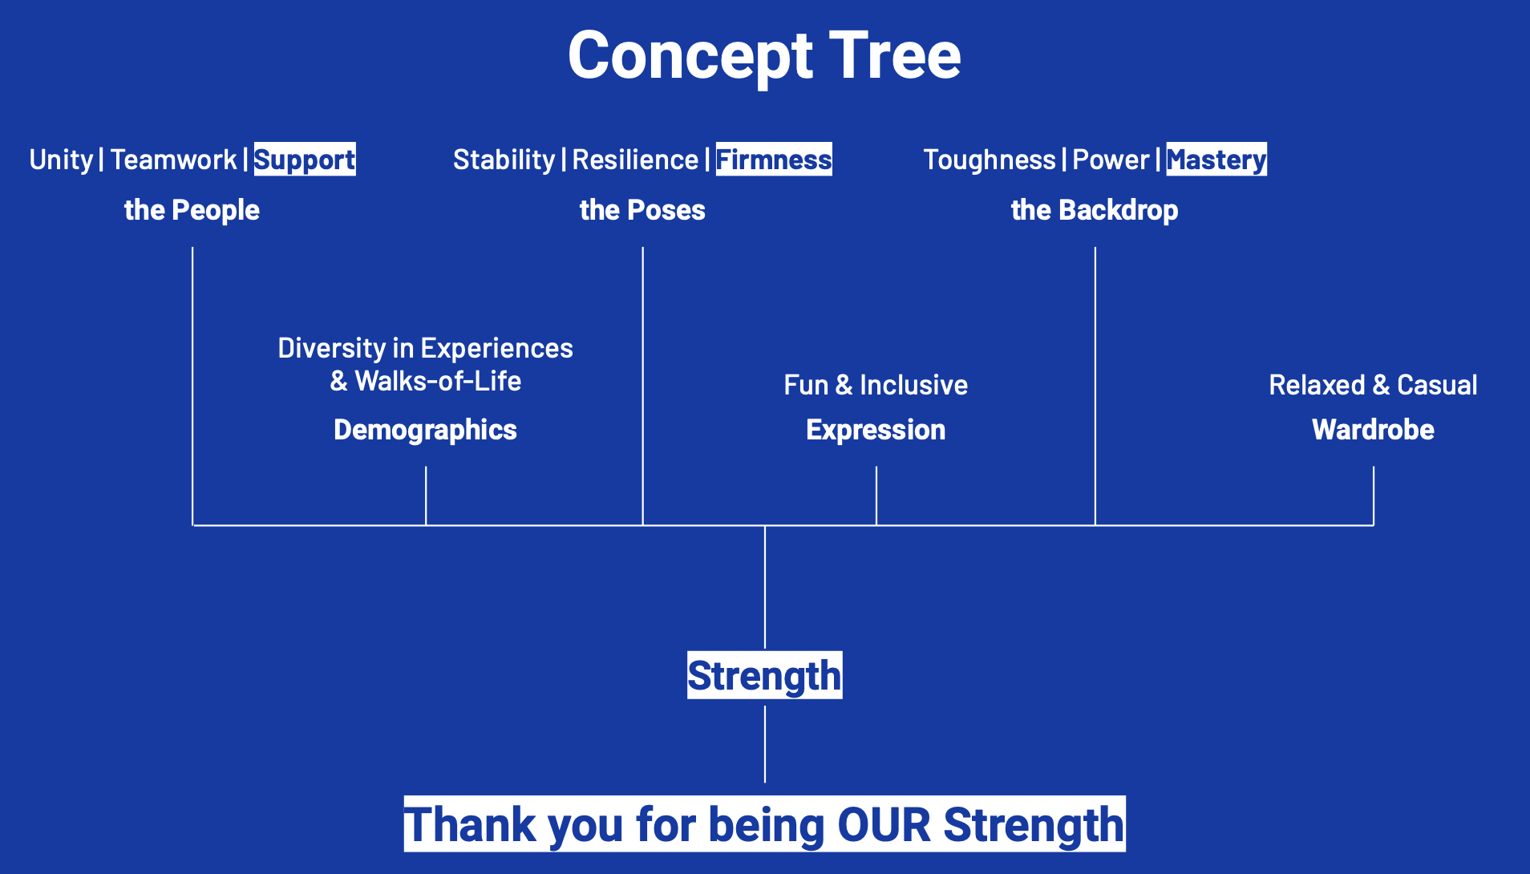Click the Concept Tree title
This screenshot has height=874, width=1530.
coord(764,55)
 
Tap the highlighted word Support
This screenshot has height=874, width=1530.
coord(305,159)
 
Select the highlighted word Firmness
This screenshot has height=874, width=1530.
coord(774,159)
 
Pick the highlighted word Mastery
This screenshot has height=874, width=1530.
coord(1216,159)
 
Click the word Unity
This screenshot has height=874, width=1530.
coord(61,160)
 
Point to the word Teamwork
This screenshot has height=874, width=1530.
coord(173,160)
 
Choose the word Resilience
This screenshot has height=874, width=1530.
coord(635,160)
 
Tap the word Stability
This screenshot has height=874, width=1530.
coord(504,160)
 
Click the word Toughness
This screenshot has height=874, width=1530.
coord(990,160)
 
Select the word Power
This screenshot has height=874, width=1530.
coord(1111,160)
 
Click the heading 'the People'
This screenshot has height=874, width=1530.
coord(192,210)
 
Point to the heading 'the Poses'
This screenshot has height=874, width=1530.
coord(642,210)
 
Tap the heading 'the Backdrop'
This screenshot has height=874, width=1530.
coord(1095,210)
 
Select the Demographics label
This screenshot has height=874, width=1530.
coord(425,430)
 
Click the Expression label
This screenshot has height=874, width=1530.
coord(876,430)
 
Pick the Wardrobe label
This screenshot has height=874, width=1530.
coord(1373,430)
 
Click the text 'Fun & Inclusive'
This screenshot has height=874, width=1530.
coord(876,385)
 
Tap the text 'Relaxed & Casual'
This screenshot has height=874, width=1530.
coord(1373,385)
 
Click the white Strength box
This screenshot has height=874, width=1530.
coord(765,675)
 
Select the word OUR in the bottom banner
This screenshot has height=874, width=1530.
coord(884,824)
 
